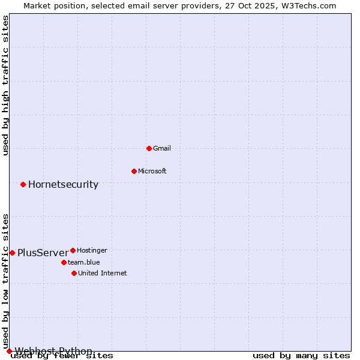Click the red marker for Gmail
[149, 148]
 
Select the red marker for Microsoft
[134, 171]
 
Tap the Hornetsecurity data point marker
[23, 184]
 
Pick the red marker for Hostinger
[73, 250]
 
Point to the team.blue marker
[64, 262]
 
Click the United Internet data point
[74, 273]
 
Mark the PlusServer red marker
[12, 253]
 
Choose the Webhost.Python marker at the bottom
[9, 351]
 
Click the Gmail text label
[162, 148]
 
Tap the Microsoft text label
[152, 171]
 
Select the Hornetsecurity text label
[63, 184]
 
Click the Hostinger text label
[92, 250]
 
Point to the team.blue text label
[84, 262]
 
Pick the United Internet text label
[103, 273]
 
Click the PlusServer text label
[43, 253]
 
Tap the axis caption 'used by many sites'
[301, 356]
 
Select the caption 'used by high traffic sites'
[6, 85]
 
